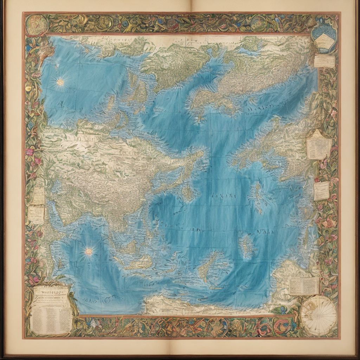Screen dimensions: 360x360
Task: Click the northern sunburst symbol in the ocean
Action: pyautogui.click(x=60, y=82)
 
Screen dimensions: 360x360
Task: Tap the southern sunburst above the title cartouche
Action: pyautogui.click(x=89, y=251)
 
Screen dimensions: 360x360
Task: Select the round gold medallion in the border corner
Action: pyautogui.click(x=37, y=25)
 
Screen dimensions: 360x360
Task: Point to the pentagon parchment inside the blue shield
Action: pyautogui.click(x=324, y=42)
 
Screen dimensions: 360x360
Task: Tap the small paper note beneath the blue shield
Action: pyautogui.click(x=324, y=61)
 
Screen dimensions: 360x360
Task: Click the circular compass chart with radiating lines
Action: pyautogui.click(x=319, y=315)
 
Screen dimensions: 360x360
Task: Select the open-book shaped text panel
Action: pyautogui.click(x=304, y=286)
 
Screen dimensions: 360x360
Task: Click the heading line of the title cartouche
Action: pyautogui.click(x=51, y=291)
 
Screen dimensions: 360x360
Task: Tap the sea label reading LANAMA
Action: pyautogui.click(x=224, y=196)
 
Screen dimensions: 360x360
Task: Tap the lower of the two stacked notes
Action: pyautogui.click(x=36, y=214)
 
